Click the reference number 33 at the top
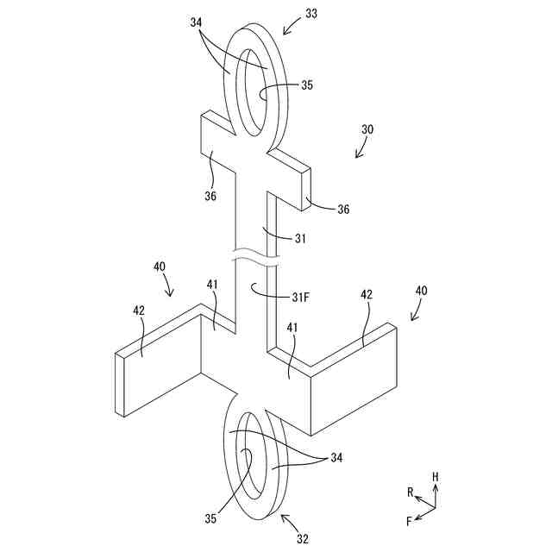pos(310,15)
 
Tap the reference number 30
pos(367,129)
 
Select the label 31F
pos(299,298)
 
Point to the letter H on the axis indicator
pos(436,476)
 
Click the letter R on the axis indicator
pos(411,492)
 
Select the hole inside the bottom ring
pos(243,470)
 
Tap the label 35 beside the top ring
pos(308,85)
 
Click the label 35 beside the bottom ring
pos(210,519)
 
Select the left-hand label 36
pos(210,196)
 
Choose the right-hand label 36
pos(342,209)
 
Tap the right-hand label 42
pos(367,295)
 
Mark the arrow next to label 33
pos(291,27)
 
